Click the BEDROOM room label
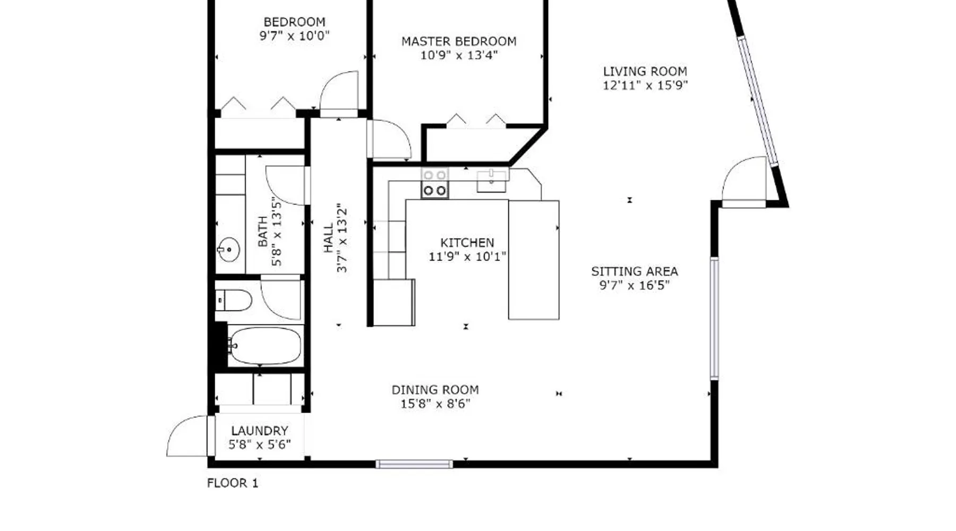click(294, 22)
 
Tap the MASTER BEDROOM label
click(459, 41)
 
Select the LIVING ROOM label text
click(645, 71)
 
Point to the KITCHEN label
click(467, 243)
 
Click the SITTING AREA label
click(635, 271)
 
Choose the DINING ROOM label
click(435, 390)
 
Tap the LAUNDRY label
click(260, 431)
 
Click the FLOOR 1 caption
click(232, 483)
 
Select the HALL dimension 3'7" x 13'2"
click(342, 238)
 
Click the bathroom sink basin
click(229, 249)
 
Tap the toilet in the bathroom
click(234, 301)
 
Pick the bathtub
click(264, 346)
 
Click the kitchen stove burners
click(434, 183)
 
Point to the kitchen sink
click(492, 181)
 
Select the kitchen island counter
click(534, 260)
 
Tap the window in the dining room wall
click(414, 465)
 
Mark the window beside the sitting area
click(714, 318)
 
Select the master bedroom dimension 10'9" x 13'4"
click(459, 55)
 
